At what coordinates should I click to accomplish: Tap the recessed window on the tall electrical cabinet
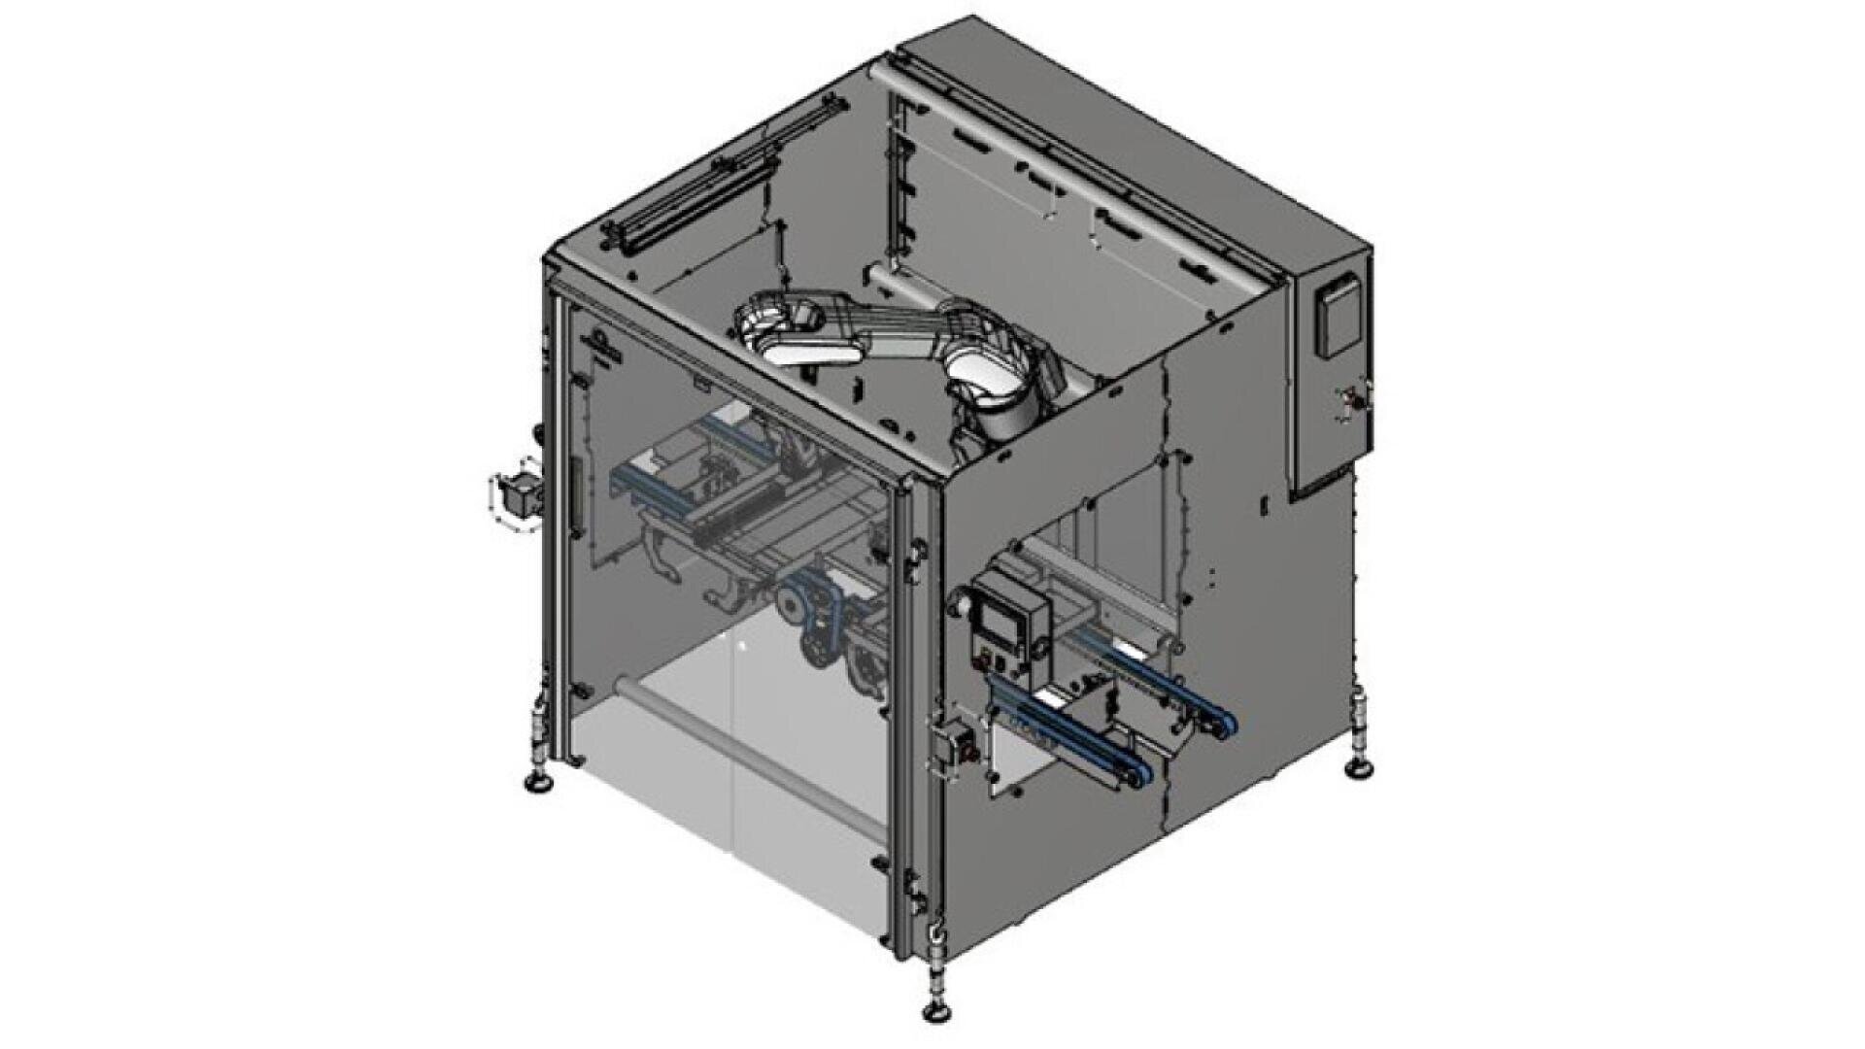click(x=1336, y=318)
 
